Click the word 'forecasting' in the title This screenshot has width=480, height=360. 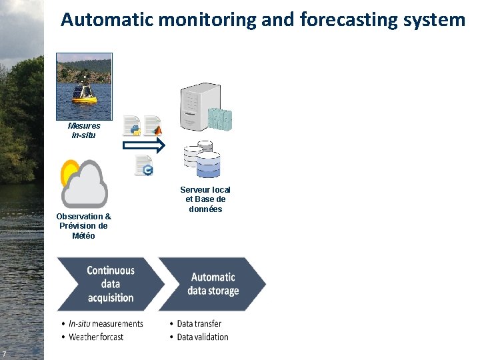point(350,20)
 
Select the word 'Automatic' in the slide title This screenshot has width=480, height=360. point(107,20)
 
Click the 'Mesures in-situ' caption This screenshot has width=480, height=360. point(84,130)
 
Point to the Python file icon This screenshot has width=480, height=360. point(132,125)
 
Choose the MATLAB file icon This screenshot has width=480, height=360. point(153,125)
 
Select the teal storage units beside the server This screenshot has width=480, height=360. point(219,119)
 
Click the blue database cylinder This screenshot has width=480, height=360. point(207,165)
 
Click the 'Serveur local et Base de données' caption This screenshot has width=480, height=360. point(205,199)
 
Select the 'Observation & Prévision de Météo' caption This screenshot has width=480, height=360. point(84,226)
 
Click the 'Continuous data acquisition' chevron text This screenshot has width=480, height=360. point(111,284)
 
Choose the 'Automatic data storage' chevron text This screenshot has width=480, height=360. point(213,284)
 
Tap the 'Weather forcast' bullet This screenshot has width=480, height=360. point(96,337)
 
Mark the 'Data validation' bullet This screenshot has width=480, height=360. point(203,337)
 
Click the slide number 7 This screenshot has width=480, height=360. point(5,353)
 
